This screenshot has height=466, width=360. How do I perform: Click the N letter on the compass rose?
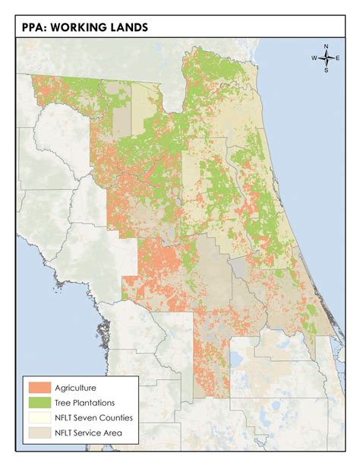click(x=326, y=47)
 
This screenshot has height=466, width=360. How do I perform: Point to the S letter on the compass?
click(x=326, y=70)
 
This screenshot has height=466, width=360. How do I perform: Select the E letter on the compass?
click(x=337, y=59)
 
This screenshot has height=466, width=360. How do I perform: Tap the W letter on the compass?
click(x=314, y=59)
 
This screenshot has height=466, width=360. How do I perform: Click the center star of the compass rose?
click(x=326, y=59)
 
